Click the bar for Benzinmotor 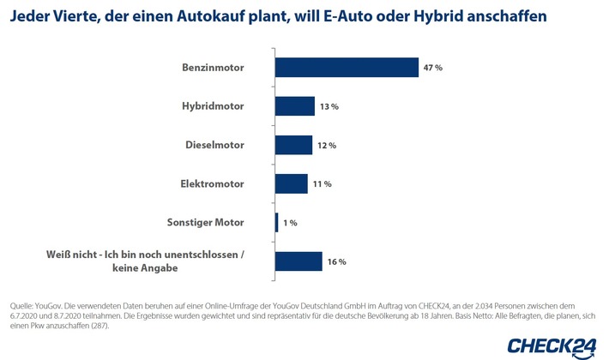click(x=347, y=67)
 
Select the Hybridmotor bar click(x=295, y=105)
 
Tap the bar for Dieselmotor click(x=293, y=145)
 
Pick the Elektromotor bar click(x=292, y=183)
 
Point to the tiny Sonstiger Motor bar click(x=276, y=222)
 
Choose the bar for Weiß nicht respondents click(x=298, y=261)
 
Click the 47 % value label click(x=432, y=68)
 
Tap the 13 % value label click(x=329, y=106)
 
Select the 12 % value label click(x=326, y=146)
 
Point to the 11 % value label click(x=322, y=184)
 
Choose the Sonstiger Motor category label click(x=204, y=222)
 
